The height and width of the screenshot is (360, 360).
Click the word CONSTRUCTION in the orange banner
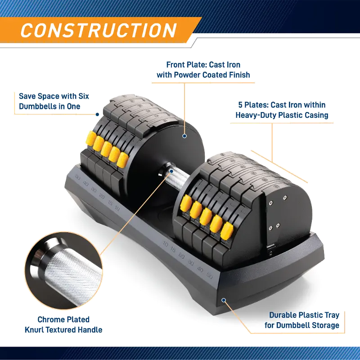(99, 30)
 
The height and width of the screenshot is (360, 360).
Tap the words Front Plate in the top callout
(185, 65)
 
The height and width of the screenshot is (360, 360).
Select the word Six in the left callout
(84, 96)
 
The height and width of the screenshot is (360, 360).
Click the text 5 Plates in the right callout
(252, 105)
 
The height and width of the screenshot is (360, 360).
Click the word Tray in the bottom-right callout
(331, 315)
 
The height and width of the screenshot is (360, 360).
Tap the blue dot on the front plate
(184, 136)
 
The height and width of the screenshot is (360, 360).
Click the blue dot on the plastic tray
(224, 300)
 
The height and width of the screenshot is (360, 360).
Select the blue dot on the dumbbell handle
(171, 171)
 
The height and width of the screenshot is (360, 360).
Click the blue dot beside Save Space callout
(97, 114)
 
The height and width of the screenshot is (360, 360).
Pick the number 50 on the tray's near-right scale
(210, 276)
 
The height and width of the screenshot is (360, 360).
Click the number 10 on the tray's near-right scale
(165, 244)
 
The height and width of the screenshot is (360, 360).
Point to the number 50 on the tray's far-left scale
(77, 177)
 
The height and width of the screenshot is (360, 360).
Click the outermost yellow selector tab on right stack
(227, 231)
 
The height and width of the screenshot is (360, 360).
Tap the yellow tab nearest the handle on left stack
(122, 160)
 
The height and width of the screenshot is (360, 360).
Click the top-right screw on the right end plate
(285, 198)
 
